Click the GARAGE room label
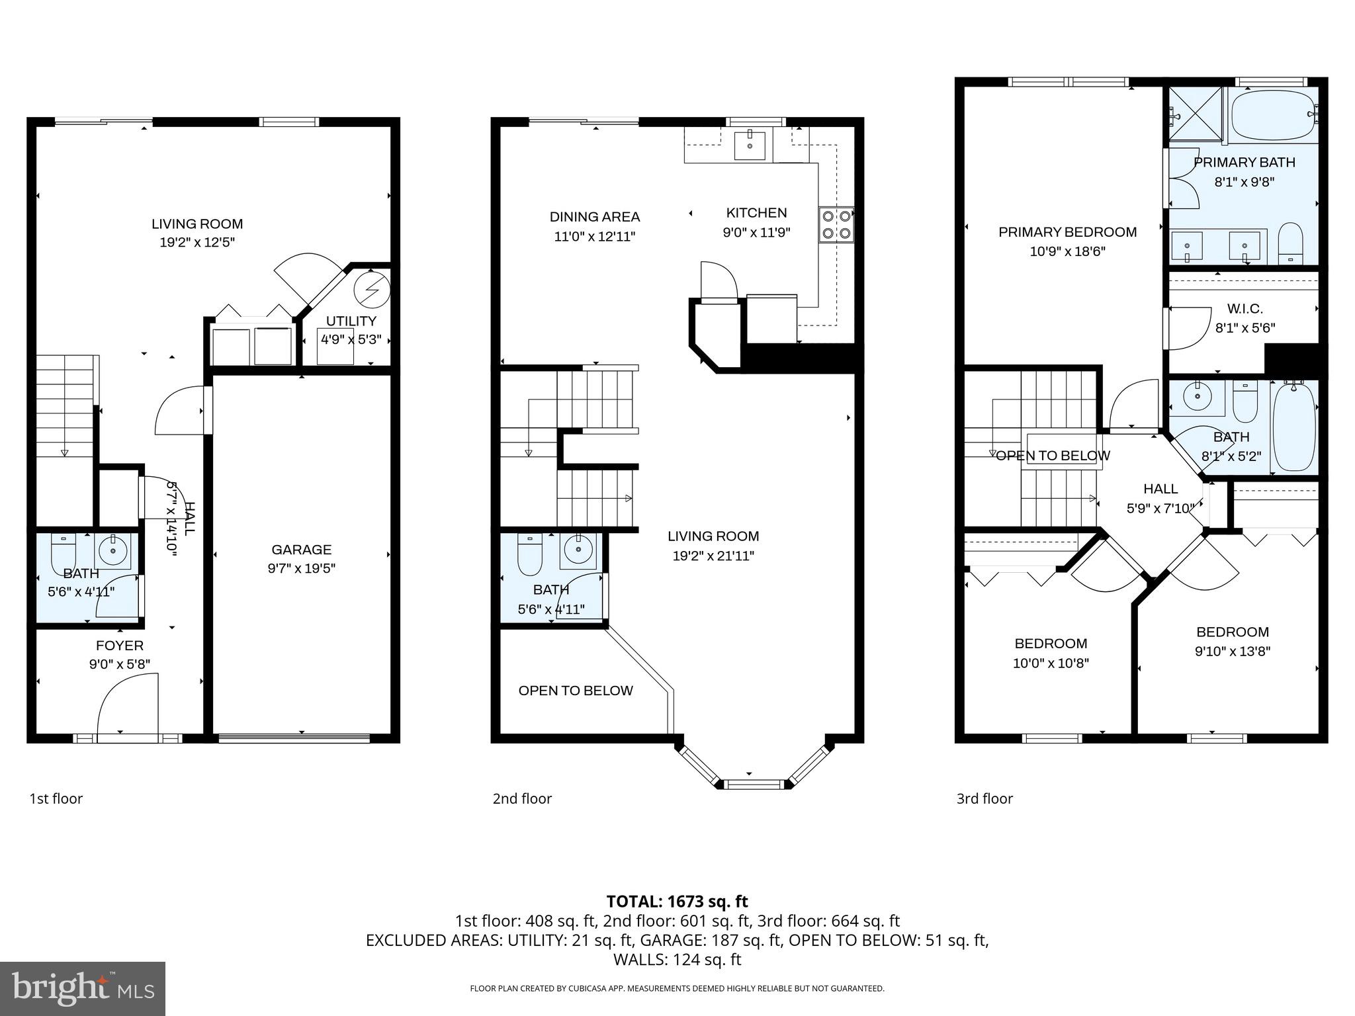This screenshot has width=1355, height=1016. pyautogui.click(x=301, y=550)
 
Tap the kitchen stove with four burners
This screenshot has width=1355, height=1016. pyautogui.click(x=836, y=224)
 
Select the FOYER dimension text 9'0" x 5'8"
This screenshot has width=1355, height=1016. pyautogui.click(x=120, y=664)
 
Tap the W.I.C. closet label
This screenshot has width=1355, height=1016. pyautogui.click(x=1245, y=309)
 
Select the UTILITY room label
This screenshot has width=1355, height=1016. pyautogui.click(x=351, y=321)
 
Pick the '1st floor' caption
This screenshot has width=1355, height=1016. pyautogui.click(x=56, y=798)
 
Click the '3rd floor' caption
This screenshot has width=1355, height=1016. pyautogui.click(x=984, y=798)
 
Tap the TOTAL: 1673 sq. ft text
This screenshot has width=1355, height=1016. pyautogui.click(x=677, y=902)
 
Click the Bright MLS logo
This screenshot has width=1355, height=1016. pyautogui.click(x=83, y=988)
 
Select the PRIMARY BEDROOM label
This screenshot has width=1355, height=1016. pyautogui.click(x=1067, y=232)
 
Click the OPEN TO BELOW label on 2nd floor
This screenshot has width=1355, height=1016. pyautogui.click(x=576, y=691)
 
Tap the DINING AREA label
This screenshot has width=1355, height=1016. pyautogui.click(x=594, y=217)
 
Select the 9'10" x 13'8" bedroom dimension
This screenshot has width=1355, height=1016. pyautogui.click(x=1232, y=651)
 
